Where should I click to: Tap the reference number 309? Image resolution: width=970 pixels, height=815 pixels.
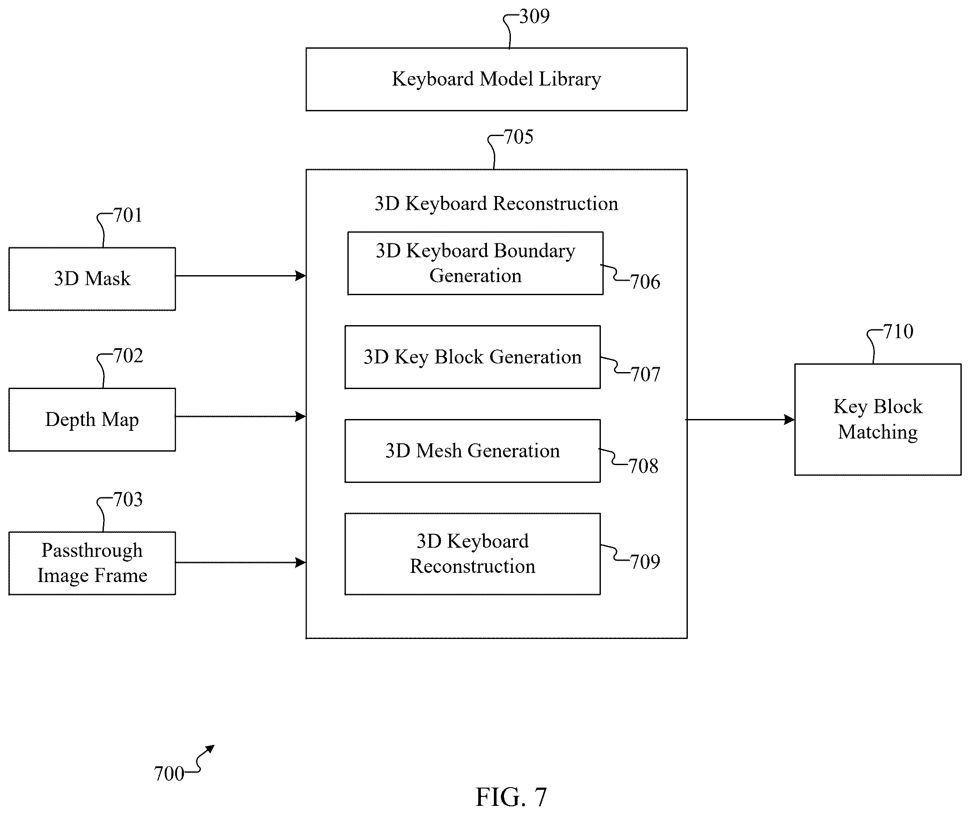[534, 17]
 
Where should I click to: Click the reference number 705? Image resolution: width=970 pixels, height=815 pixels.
[519, 137]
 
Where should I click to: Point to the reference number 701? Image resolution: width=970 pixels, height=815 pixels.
[128, 215]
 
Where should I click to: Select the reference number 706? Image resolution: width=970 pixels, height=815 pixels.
[645, 281]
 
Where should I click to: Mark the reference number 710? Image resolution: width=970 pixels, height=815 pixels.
[898, 331]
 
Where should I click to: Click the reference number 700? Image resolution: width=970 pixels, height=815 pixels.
[169, 773]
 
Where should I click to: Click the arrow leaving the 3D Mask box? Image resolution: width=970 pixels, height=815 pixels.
[241, 276]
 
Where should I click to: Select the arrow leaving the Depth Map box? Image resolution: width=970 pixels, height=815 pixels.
[241, 416]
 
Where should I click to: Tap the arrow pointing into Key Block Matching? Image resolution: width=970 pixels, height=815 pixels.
[740, 419]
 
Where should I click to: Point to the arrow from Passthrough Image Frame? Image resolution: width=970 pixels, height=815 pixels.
[241, 562]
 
